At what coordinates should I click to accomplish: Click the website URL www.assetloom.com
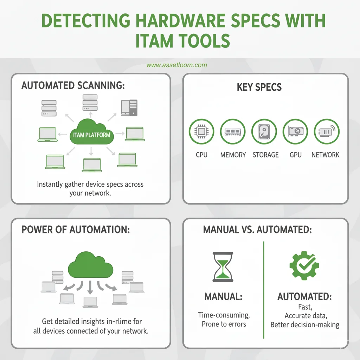point(176,65)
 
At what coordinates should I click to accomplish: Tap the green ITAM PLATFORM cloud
point(91,134)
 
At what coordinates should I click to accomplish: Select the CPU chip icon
point(201,131)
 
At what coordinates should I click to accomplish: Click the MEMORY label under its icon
point(233,155)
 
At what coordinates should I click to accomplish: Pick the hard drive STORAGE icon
point(265,131)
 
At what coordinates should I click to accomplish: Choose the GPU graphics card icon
point(295,131)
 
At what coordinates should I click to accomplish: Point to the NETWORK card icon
point(326,131)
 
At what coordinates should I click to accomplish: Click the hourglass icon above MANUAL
point(223,266)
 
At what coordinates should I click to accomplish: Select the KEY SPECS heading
point(259,88)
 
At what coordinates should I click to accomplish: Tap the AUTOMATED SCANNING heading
point(73,86)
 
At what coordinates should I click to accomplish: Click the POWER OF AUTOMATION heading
point(76,230)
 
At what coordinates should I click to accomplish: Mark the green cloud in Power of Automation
point(91,264)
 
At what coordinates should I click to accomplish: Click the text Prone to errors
point(224,324)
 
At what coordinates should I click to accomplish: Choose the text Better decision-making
point(305,324)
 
